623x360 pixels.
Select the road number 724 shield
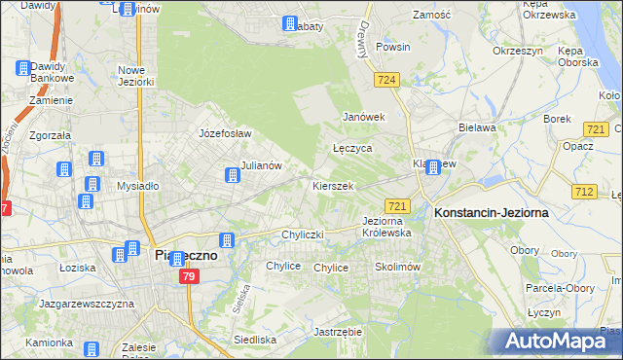pos(386,79)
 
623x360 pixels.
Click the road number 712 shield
pos(584,190)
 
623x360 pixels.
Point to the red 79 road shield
pos(189,277)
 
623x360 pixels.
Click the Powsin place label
pos(392,47)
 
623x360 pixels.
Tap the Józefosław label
pos(225,133)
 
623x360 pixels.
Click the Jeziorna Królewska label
pos(386,227)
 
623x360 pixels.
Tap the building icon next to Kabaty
pos(290,23)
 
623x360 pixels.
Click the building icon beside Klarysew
pos(433,167)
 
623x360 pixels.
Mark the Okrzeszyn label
pos(516,50)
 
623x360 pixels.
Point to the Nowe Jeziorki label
pos(136,76)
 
